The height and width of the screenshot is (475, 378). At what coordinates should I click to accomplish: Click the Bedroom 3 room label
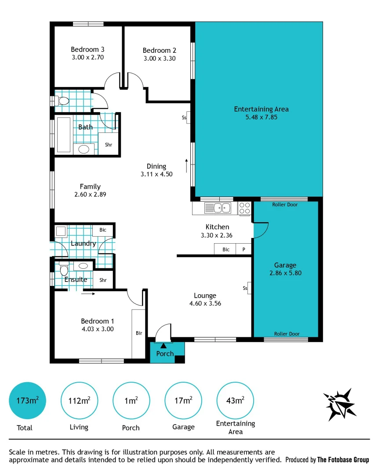coord(87,49)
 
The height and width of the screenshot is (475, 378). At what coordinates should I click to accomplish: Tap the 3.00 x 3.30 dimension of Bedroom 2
coord(159,58)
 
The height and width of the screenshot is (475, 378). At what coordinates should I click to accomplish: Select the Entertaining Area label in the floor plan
coord(261,109)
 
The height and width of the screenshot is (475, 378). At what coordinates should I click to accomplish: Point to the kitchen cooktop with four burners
coord(244,208)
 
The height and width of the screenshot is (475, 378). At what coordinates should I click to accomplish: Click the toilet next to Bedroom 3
coord(62,101)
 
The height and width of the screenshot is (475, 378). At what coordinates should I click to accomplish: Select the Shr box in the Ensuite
coord(103,280)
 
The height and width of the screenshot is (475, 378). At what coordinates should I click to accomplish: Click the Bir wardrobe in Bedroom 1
coord(139,333)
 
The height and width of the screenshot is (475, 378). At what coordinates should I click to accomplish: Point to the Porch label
coord(165,354)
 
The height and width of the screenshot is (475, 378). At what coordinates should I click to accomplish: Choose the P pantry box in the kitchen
coord(244,249)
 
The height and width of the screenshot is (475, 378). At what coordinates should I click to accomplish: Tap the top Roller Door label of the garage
coord(284,205)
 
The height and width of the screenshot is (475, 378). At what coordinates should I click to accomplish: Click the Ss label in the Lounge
coord(245,289)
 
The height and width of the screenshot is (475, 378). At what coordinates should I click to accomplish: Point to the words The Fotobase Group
coord(343,460)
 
